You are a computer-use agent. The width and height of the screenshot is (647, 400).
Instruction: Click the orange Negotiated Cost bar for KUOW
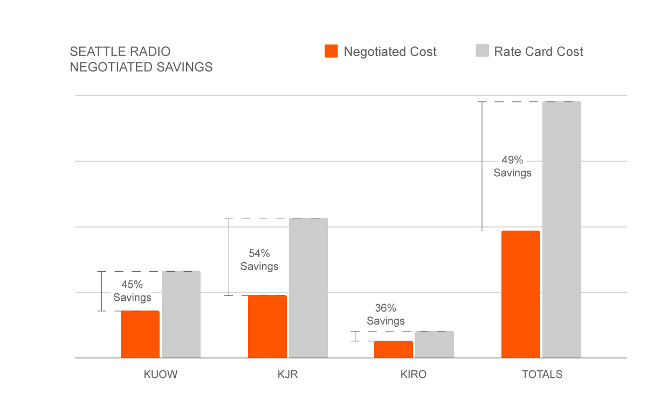(140, 334)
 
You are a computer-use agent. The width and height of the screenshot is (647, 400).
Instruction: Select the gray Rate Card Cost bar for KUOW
(181, 314)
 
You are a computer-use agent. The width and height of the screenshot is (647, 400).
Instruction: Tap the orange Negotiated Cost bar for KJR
(267, 327)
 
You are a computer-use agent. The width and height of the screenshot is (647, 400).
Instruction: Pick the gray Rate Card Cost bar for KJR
(308, 288)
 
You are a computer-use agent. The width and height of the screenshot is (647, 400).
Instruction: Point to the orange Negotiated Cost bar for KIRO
(394, 349)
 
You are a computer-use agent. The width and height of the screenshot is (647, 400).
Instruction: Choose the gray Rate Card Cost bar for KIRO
(435, 344)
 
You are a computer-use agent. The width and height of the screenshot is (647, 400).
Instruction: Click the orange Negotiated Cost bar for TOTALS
(521, 294)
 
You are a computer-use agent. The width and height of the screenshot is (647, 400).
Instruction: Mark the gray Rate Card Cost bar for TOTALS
(562, 230)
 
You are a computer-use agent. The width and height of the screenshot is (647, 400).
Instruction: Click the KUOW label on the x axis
(161, 375)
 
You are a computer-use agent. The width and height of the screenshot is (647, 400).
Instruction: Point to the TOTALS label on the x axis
(542, 375)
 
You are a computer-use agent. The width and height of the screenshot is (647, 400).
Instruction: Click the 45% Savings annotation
(132, 291)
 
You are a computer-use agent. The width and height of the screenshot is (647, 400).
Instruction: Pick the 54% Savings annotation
(259, 259)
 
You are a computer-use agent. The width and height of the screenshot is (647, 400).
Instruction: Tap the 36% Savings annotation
(386, 314)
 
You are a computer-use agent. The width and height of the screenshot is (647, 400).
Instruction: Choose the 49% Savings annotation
(513, 167)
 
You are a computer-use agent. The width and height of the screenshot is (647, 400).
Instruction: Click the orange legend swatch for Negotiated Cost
(331, 51)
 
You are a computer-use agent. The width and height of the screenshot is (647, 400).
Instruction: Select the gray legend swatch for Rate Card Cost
(482, 51)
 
